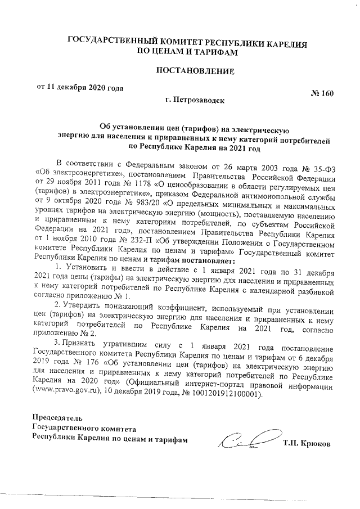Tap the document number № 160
(x=322, y=93)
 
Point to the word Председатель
(x=58, y=418)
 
